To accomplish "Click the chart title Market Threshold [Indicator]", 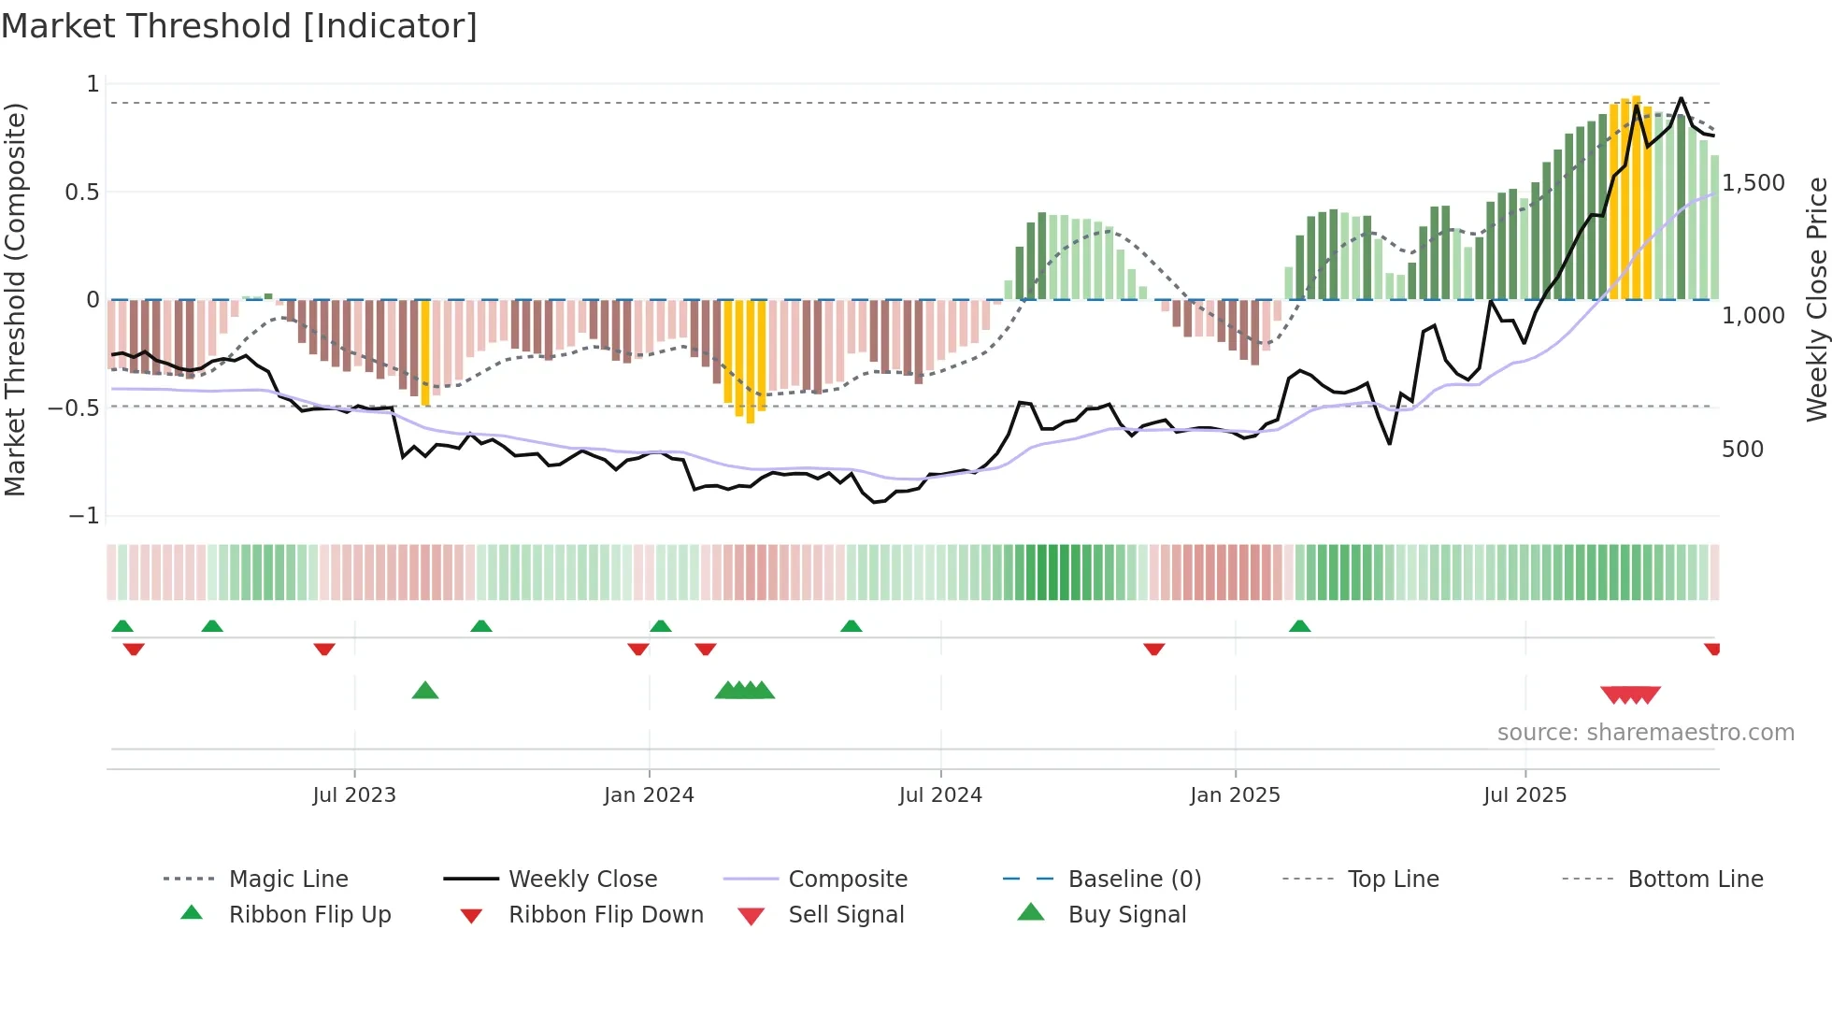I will pyautogui.click(x=239, y=26).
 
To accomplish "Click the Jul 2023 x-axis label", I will pyautogui.click(x=354, y=795).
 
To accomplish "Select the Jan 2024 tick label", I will pyautogui.click(x=649, y=795).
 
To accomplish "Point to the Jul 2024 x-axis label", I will pyautogui.click(x=940, y=795).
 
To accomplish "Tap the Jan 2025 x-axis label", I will pyautogui.click(x=1235, y=795).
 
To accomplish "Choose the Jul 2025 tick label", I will pyautogui.click(x=1524, y=795).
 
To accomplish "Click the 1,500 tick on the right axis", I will pyautogui.click(x=1753, y=183).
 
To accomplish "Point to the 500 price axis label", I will pyautogui.click(x=1742, y=450).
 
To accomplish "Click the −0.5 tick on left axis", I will pyautogui.click(x=74, y=408).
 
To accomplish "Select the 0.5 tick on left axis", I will pyautogui.click(x=81, y=193).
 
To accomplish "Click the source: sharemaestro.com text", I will pyautogui.click(x=1645, y=733).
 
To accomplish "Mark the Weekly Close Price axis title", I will pyautogui.click(x=1816, y=299).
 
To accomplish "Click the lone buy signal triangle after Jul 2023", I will pyautogui.click(x=425, y=691).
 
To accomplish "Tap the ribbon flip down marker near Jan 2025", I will pyautogui.click(x=1154, y=649).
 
